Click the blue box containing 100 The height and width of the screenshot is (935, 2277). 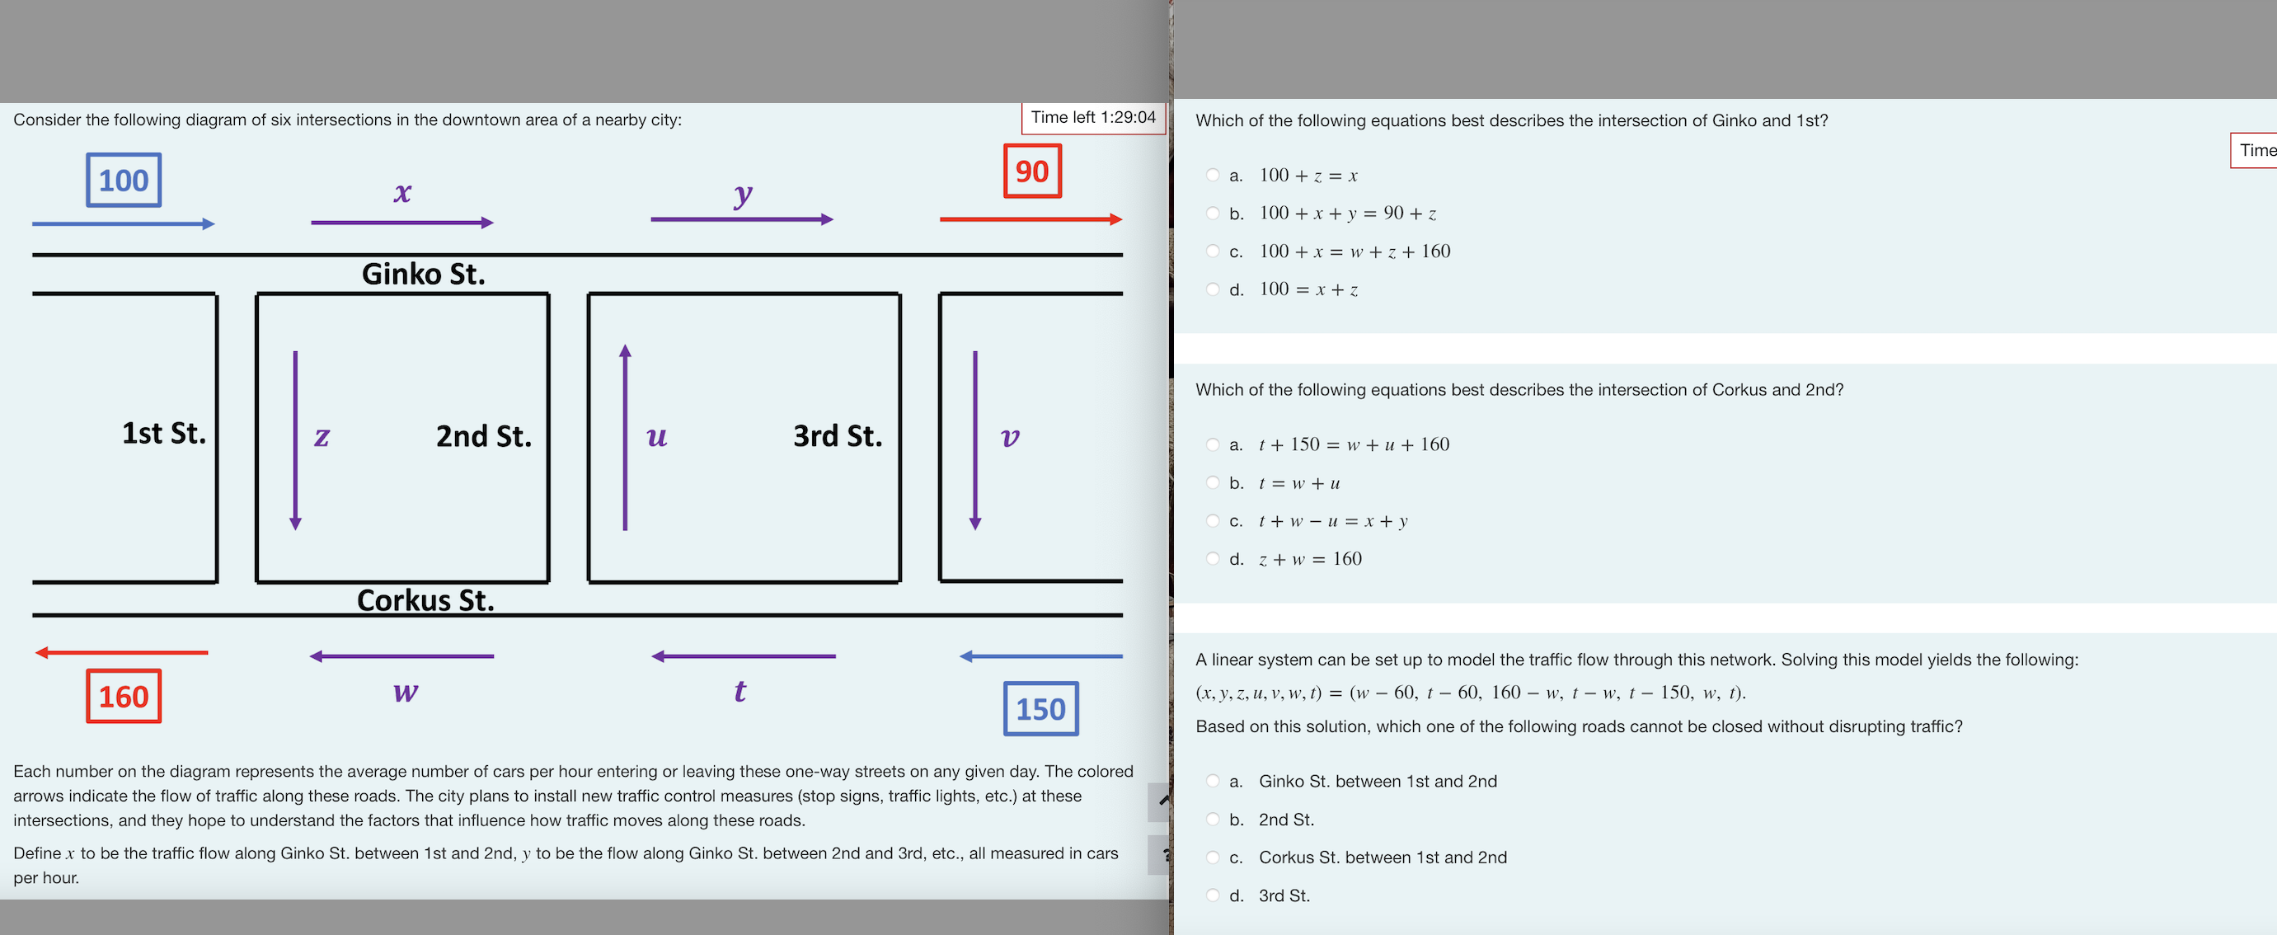click(x=124, y=181)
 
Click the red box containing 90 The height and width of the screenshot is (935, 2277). click(x=1031, y=171)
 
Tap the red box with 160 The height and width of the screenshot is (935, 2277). click(x=124, y=697)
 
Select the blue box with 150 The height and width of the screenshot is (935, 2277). click(x=1040, y=709)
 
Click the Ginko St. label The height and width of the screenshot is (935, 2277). click(x=424, y=274)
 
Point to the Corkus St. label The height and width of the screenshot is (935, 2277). click(x=425, y=600)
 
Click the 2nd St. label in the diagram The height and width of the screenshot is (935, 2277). click(x=483, y=435)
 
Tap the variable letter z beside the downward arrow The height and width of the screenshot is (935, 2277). click(x=322, y=435)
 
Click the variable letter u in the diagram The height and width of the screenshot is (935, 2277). click(x=657, y=435)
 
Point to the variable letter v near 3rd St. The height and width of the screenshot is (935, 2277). click(x=1009, y=435)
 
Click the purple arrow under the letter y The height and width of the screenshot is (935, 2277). click(x=742, y=219)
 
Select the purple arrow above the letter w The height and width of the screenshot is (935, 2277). click(x=402, y=655)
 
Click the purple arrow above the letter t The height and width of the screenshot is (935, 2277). click(x=743, y=655)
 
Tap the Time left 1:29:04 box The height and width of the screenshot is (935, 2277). click(x=1092, y=118)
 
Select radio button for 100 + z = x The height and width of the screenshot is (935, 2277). click(x=1213, y=175)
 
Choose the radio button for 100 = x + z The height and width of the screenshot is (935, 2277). click(x=1213, y=289)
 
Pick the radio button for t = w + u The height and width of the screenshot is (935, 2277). click(x=1213, y=482)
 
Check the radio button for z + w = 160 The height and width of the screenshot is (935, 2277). click(x=1213, y=558)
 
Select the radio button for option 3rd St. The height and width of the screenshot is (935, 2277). click(x=1213, y=895)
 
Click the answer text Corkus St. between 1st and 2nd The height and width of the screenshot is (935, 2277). click(x=1383, y=857)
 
